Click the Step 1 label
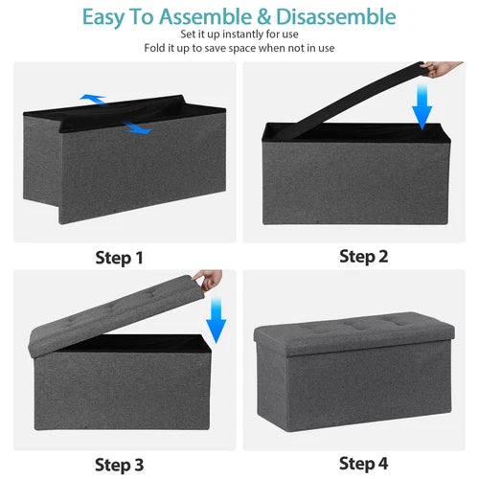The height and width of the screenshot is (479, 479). [119, 258]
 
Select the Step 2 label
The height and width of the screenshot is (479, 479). [363, 256]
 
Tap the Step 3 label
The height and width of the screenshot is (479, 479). [119, 465]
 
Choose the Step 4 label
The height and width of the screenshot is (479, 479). [363, 465]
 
